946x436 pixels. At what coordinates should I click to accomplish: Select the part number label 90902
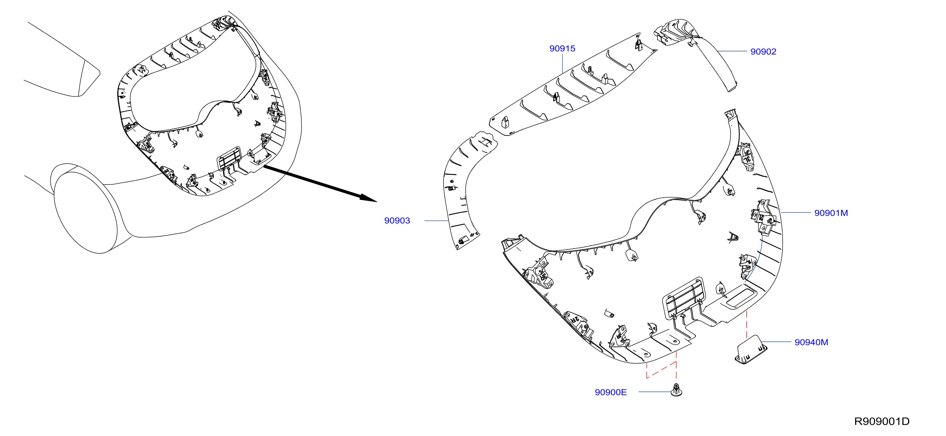point(763,52)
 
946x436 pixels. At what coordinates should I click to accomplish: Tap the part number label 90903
point(397,221)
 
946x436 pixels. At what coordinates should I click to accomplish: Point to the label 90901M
point(831,213)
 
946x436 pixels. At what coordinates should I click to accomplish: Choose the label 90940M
point(811,342)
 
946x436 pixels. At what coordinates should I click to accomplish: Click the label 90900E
point(611,392)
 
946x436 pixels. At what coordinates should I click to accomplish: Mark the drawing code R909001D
point(882,421)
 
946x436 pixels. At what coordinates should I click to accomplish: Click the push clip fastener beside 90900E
point(676,390)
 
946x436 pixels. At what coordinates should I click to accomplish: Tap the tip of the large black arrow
point(377,202)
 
